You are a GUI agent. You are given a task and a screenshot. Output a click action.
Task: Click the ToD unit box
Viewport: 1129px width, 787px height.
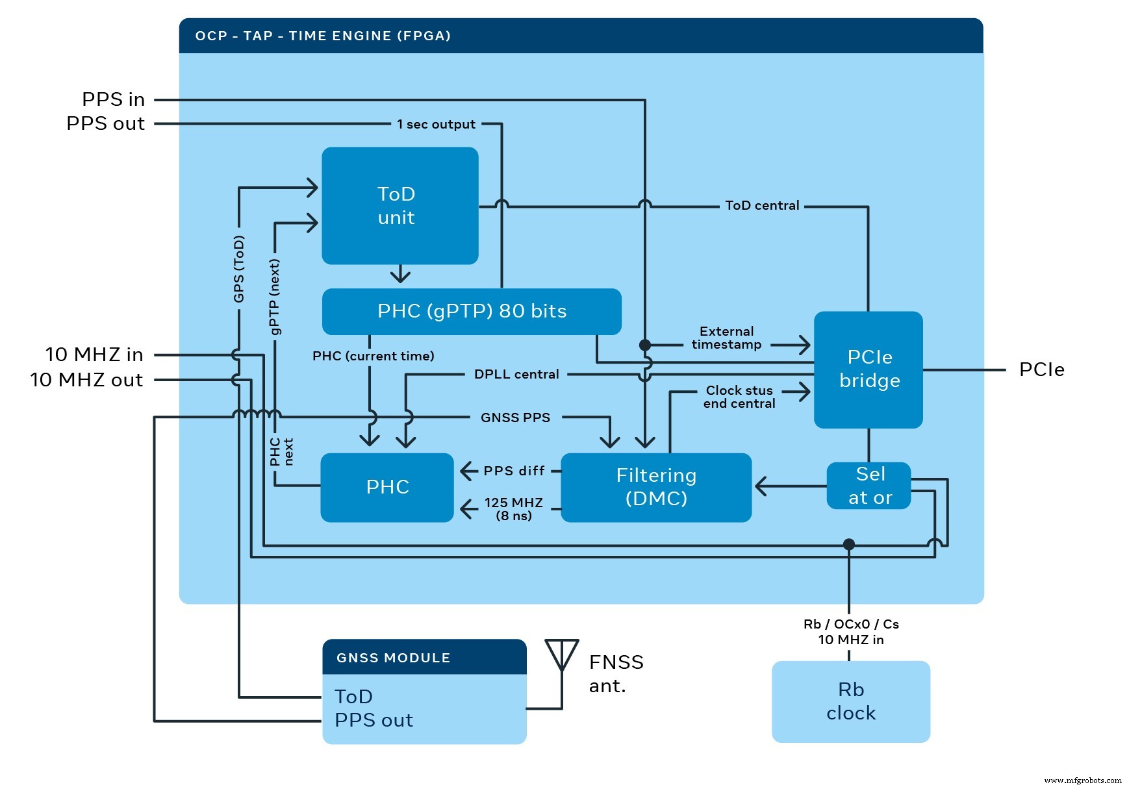400,205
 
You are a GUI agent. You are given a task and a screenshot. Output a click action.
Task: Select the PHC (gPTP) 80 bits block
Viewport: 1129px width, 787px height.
472,311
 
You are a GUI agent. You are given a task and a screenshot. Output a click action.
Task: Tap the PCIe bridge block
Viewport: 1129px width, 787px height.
869,369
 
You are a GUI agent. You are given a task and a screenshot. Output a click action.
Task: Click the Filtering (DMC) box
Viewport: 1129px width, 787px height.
655,487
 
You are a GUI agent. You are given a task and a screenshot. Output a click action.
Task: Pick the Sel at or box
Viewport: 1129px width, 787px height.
869,486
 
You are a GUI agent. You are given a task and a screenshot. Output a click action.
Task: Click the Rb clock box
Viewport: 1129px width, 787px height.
850,701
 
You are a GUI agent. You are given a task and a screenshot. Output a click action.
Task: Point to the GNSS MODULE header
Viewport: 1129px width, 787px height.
424,657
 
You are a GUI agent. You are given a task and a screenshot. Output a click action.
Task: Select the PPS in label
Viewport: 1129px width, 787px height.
113,99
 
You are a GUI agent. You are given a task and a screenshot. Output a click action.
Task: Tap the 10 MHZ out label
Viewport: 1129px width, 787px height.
86,380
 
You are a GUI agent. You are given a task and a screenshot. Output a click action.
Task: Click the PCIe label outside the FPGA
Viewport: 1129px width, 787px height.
1041,369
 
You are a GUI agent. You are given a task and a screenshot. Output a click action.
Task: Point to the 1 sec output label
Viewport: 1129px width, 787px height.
436,124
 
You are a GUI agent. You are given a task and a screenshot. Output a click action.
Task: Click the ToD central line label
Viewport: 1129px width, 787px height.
761,206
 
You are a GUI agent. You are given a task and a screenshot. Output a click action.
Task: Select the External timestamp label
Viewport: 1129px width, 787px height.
726,338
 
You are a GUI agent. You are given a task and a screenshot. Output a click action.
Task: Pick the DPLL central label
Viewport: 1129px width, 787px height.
516,375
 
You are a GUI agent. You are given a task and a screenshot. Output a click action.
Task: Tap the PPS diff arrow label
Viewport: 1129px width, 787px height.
513,471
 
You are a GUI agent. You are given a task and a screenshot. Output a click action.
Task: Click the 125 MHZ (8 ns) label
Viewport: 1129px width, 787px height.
513,508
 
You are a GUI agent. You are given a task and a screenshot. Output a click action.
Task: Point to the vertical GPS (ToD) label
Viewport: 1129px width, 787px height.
239,269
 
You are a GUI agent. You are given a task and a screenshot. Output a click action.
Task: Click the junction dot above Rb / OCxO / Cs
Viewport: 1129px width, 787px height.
848,544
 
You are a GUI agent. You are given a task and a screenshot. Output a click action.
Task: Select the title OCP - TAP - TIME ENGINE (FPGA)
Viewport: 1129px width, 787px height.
323,36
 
